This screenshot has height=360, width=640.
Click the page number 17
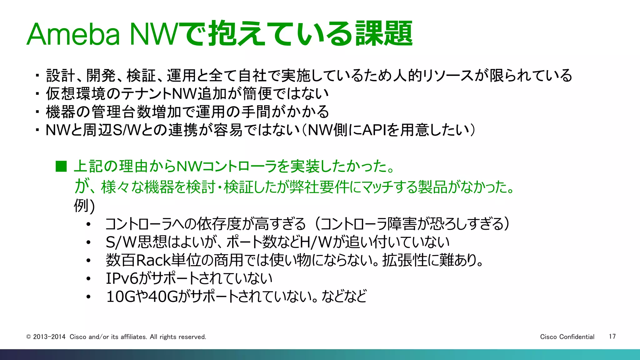click(x=612, y=337)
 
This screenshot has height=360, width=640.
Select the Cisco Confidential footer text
click(x=567, y=337)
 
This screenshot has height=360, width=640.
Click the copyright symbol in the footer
click(x=28, y=337)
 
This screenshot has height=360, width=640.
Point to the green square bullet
click(x=61, y=167)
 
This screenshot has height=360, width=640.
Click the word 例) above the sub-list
click(x=84, y=206)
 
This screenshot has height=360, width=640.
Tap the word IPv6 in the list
click(x=122, y=278)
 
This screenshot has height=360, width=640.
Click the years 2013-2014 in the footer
click(x=49, y=337)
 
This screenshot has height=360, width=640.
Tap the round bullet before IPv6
click(x=89, y=278)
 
